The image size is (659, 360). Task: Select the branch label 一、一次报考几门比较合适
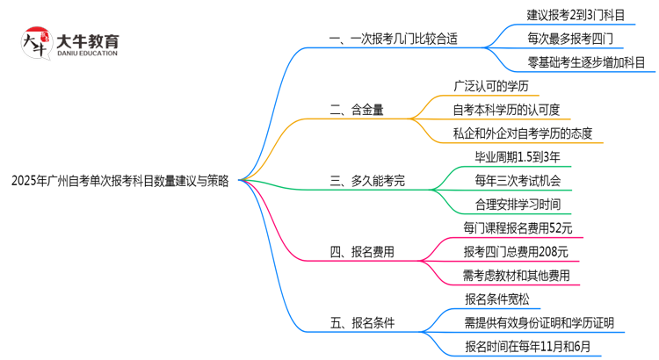tap(393, 39)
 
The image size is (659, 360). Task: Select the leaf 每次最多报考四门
tap(571, 39)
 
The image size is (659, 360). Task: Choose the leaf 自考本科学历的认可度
tap(512, 110)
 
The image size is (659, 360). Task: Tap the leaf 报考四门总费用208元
tap(516, 252)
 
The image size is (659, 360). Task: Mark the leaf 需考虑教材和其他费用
tap(516, 276)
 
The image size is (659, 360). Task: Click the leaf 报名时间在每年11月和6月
tap(533, 347)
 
